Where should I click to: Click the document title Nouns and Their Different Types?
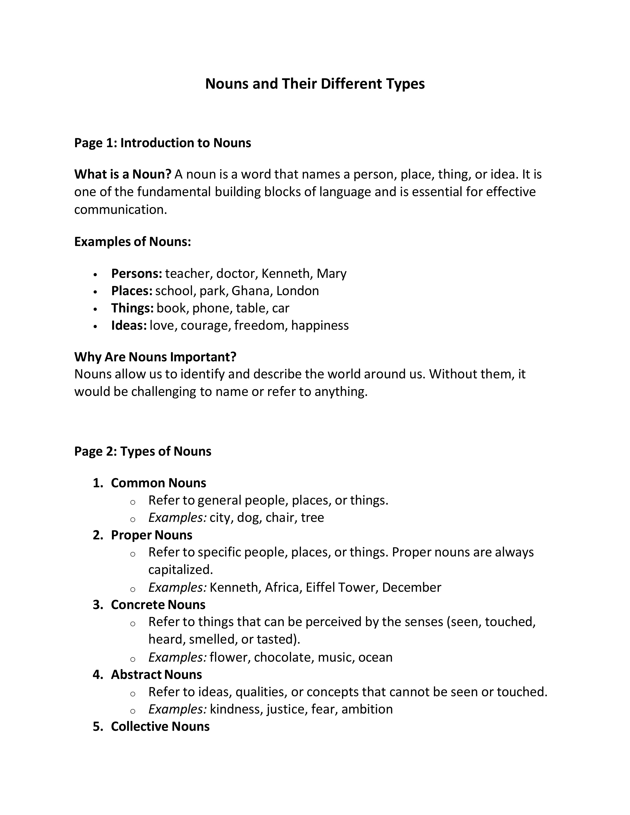315,83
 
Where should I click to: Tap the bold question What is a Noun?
123,174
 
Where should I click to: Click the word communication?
120,210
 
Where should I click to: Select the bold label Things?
132,308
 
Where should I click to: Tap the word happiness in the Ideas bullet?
320,326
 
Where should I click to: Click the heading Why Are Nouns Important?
155,357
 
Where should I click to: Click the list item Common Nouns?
158,483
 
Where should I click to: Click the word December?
411,587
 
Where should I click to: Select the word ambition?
367,709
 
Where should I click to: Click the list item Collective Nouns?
160,726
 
